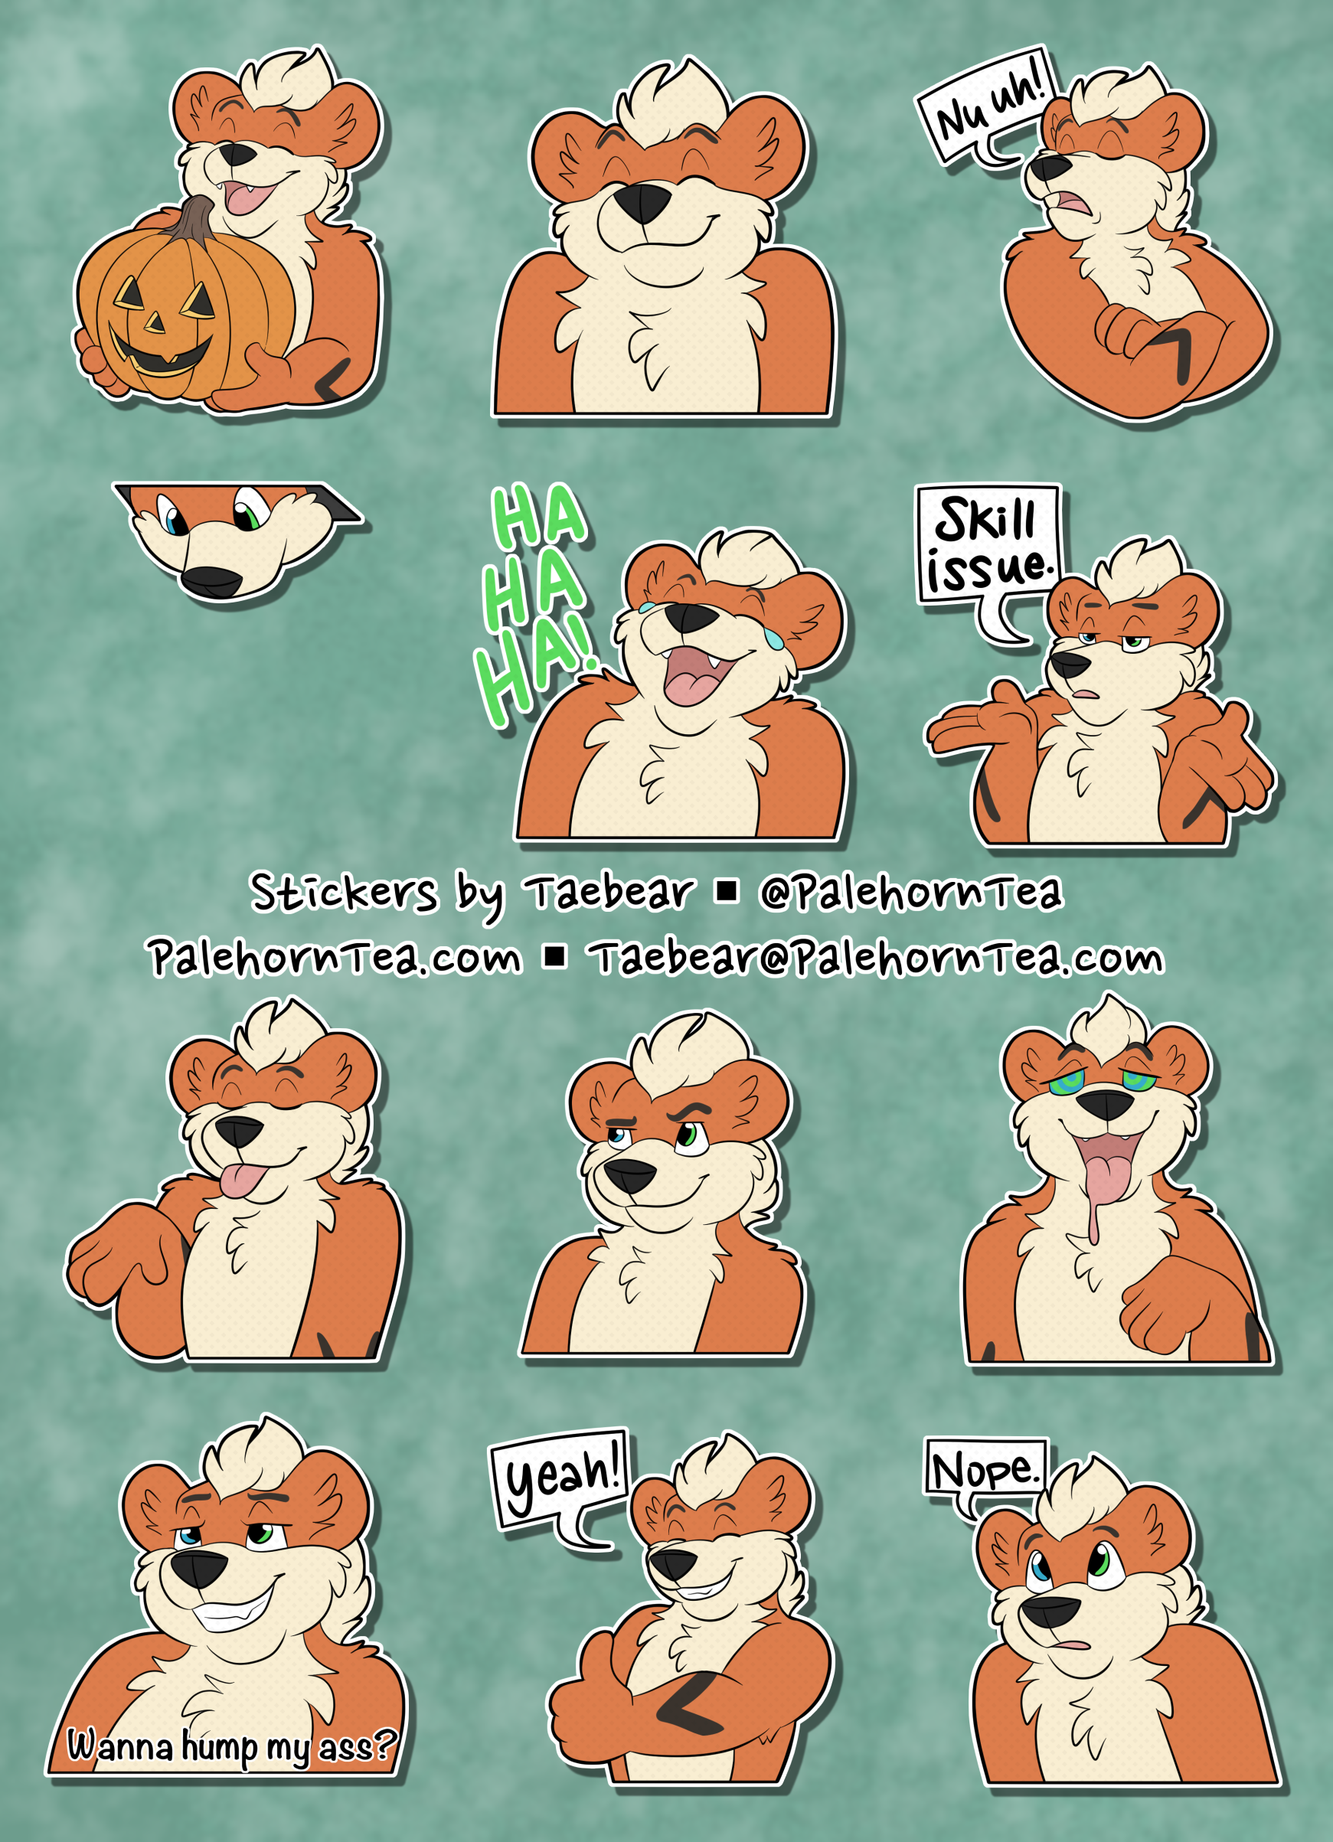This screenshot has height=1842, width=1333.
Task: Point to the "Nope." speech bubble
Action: click(985, 1470)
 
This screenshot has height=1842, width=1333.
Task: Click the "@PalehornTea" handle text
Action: click(910, 892)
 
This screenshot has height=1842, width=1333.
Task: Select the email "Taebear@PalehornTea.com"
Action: click(879, 959)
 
